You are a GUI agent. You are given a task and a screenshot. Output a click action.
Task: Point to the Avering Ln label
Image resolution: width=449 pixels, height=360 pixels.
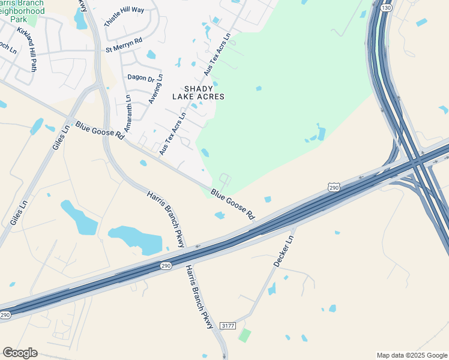click(155, 89)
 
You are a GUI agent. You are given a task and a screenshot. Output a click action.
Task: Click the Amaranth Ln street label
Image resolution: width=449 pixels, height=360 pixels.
click(127, 113)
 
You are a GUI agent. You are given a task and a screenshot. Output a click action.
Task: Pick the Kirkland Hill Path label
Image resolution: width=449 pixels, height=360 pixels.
click(27, 48)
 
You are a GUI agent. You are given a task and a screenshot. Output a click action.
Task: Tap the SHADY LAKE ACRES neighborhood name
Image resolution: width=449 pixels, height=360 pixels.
click(198, 92)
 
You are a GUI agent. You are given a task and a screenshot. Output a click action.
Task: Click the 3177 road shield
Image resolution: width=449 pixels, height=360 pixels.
click(227, 325)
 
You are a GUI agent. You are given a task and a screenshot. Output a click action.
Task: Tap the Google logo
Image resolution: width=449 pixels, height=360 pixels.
click(20, 353)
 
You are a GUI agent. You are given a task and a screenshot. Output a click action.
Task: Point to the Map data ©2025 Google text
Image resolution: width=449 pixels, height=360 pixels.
click(412, 355)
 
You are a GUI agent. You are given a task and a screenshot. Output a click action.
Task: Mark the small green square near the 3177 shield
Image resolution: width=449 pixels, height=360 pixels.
click(244, 335)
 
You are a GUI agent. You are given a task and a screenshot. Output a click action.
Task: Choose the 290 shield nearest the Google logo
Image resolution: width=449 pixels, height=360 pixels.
click(5, 315)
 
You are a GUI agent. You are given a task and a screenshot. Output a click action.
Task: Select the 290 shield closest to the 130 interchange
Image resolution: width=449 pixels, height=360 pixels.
click(334, 188)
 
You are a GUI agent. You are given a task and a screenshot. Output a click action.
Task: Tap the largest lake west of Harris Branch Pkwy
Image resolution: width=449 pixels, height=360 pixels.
click(134, 239)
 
